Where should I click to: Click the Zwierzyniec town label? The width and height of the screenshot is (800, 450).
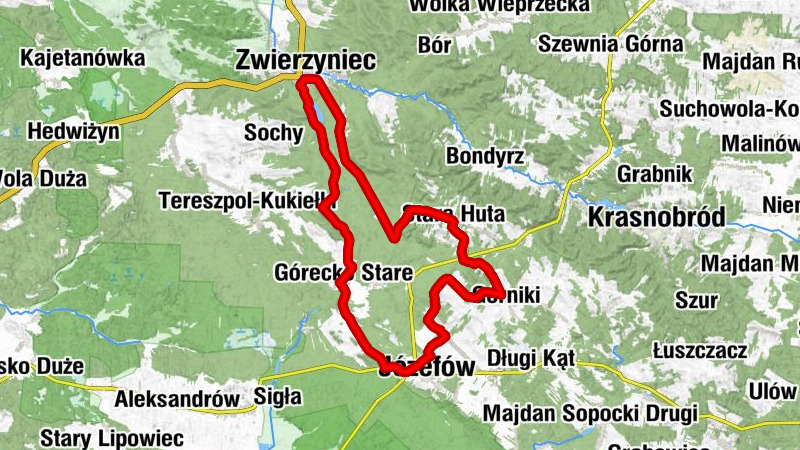coord(305,61)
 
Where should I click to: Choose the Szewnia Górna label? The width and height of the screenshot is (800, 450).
coord(610,44)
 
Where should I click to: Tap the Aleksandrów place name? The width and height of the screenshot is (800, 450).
coord(177,398)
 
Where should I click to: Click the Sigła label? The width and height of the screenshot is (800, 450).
coord(278,397)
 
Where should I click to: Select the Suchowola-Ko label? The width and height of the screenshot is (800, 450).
coord(729,108)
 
